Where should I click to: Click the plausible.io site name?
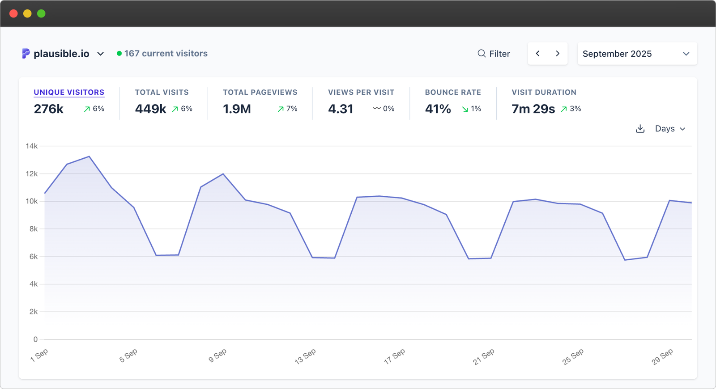point(61,54)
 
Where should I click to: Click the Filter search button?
point(494,54)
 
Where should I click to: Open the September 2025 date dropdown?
point(637,54)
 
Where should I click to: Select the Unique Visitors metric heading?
point(69,92)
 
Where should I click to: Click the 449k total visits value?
point(150,109)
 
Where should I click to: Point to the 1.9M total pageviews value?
point(237,109)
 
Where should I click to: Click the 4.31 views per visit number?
point(341,109)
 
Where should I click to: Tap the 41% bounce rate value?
point(438,109)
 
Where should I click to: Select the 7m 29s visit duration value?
point(533,109)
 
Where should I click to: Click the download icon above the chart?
point(640,129)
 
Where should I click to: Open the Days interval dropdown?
point(670,129)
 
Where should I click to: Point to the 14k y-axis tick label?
point(32,146)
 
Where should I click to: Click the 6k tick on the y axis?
point(34,257)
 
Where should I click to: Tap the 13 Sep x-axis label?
point(305,356)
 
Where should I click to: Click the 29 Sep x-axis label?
point(662,356)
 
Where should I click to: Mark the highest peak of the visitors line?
point(89,156)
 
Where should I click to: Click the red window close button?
point(13,13)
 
